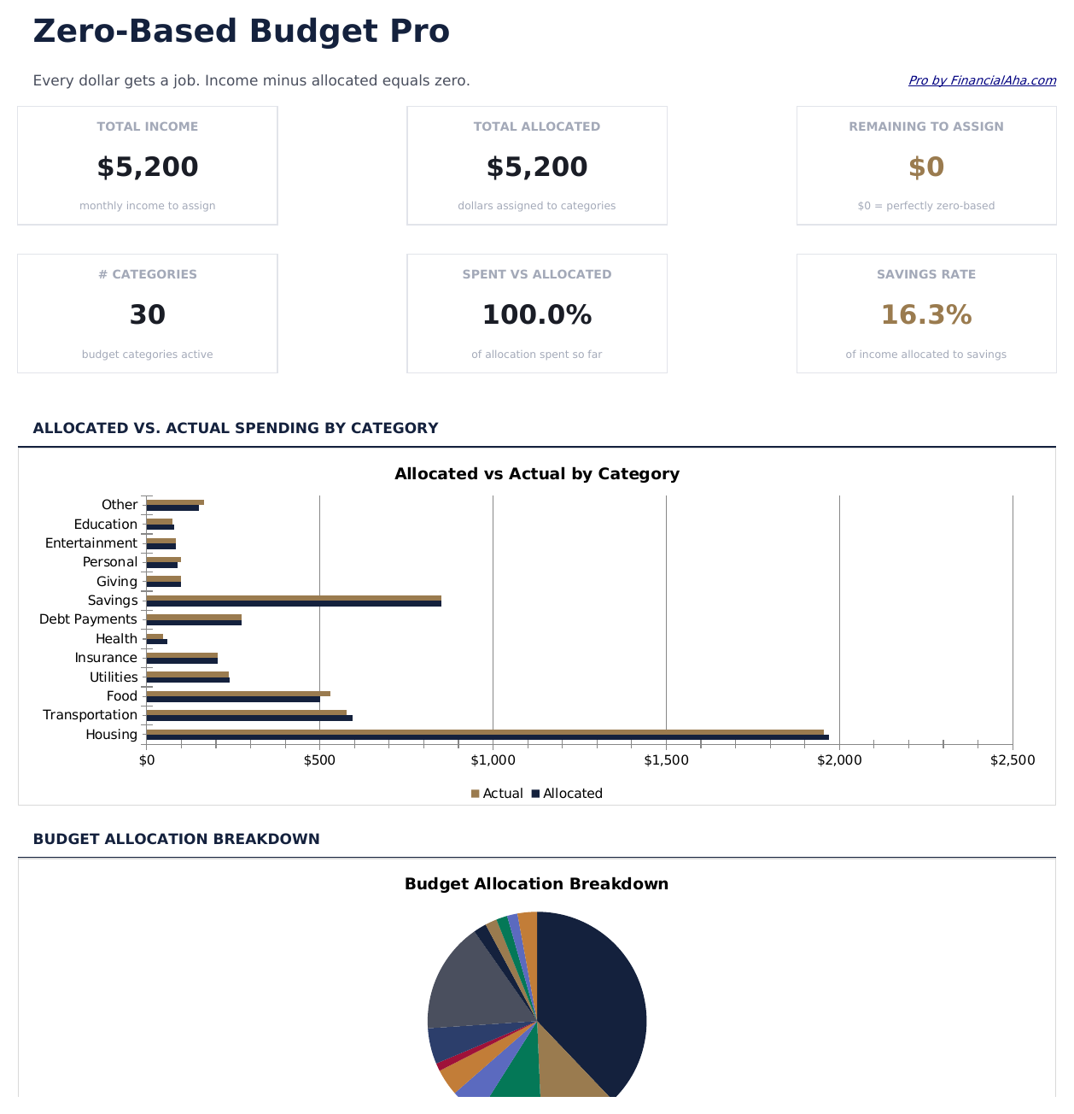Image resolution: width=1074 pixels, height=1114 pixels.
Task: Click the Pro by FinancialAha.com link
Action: (x=982, y=80)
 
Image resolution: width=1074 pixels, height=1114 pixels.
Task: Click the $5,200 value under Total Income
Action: (x=148, y=167)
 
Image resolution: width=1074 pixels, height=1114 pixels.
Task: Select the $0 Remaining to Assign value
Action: (x=926, y=167)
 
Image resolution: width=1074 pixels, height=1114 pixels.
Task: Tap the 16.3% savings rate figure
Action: (x=926, y=315)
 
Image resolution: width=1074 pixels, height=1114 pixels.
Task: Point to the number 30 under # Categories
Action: (x=148, y=315)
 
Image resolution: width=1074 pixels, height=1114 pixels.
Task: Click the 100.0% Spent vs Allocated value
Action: (x=537, y=315)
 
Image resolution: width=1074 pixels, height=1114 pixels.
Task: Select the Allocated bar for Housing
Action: (x=487, y=737)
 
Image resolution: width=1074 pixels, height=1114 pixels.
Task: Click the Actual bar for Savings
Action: (x=294, y=598)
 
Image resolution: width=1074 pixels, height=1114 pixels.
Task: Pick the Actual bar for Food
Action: (x=238, y=694)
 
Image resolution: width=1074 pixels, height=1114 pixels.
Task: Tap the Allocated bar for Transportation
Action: (x=249, y=718)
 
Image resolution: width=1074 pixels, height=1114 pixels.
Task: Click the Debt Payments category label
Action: (x=88, y=619)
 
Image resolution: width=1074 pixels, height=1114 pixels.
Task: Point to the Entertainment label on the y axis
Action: (x=90, y=543)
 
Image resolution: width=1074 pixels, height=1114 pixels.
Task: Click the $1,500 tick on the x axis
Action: (x=666, y=760)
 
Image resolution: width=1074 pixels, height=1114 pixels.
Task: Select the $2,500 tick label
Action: (x=1013, y=760)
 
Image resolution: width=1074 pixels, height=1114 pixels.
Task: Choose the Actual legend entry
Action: (x=497, y=794)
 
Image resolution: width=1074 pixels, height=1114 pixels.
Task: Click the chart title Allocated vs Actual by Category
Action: (x=537, y=474)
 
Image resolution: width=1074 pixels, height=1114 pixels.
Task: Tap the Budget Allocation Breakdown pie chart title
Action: (x=537, y=884)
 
